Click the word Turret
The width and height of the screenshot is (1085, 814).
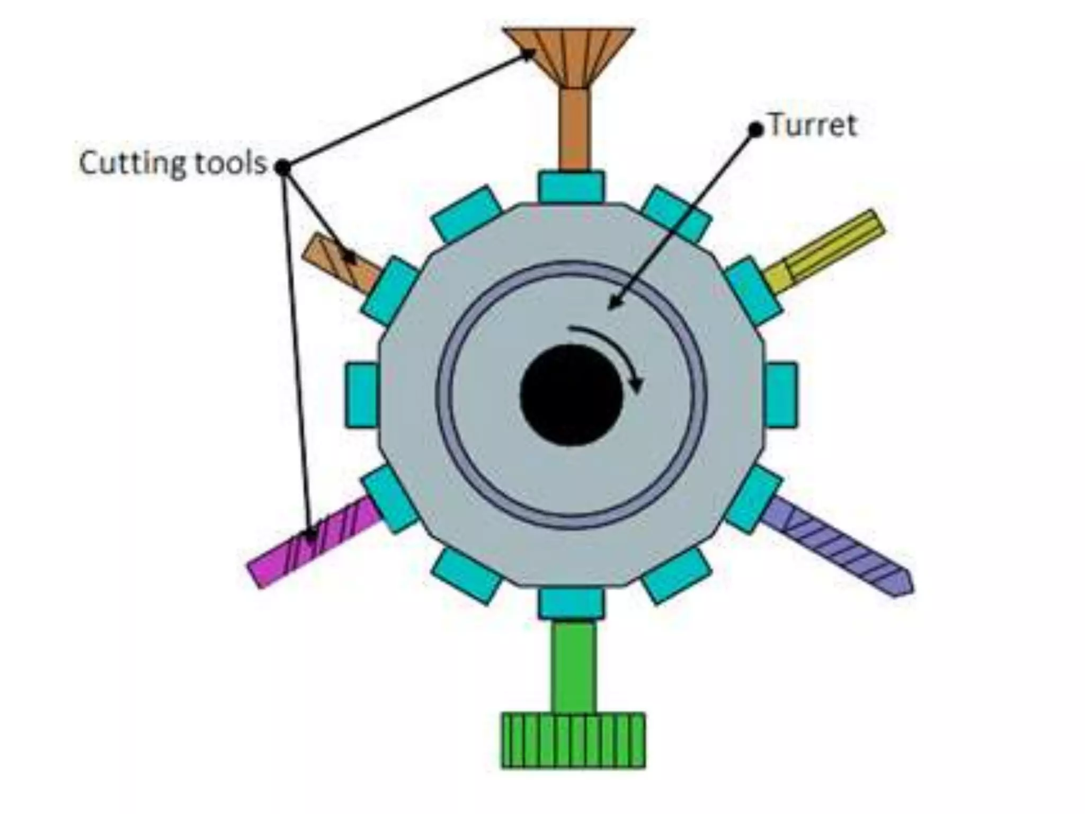click(x=812, y=126)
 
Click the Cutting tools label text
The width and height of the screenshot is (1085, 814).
click(x=173, y=163)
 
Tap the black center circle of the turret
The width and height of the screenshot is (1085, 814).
click(x=571, y=394)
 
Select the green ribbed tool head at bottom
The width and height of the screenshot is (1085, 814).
click(x=573, y=740)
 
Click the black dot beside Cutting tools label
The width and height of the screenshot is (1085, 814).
click(x=283, y=167)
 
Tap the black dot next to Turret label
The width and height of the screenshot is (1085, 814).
click(x=755, y=129)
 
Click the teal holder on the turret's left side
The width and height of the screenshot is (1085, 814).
click(x=362, y=395)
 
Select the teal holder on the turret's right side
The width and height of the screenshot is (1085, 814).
click(x=781, y=395)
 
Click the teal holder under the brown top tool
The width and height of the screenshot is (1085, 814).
click(x=571, y=187)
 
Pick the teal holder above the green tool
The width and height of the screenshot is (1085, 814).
click(x=571, y=603)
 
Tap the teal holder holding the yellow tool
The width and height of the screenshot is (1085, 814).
click(x=753, y=291)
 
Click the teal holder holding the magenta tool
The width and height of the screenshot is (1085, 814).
click(x=390, y=500)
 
